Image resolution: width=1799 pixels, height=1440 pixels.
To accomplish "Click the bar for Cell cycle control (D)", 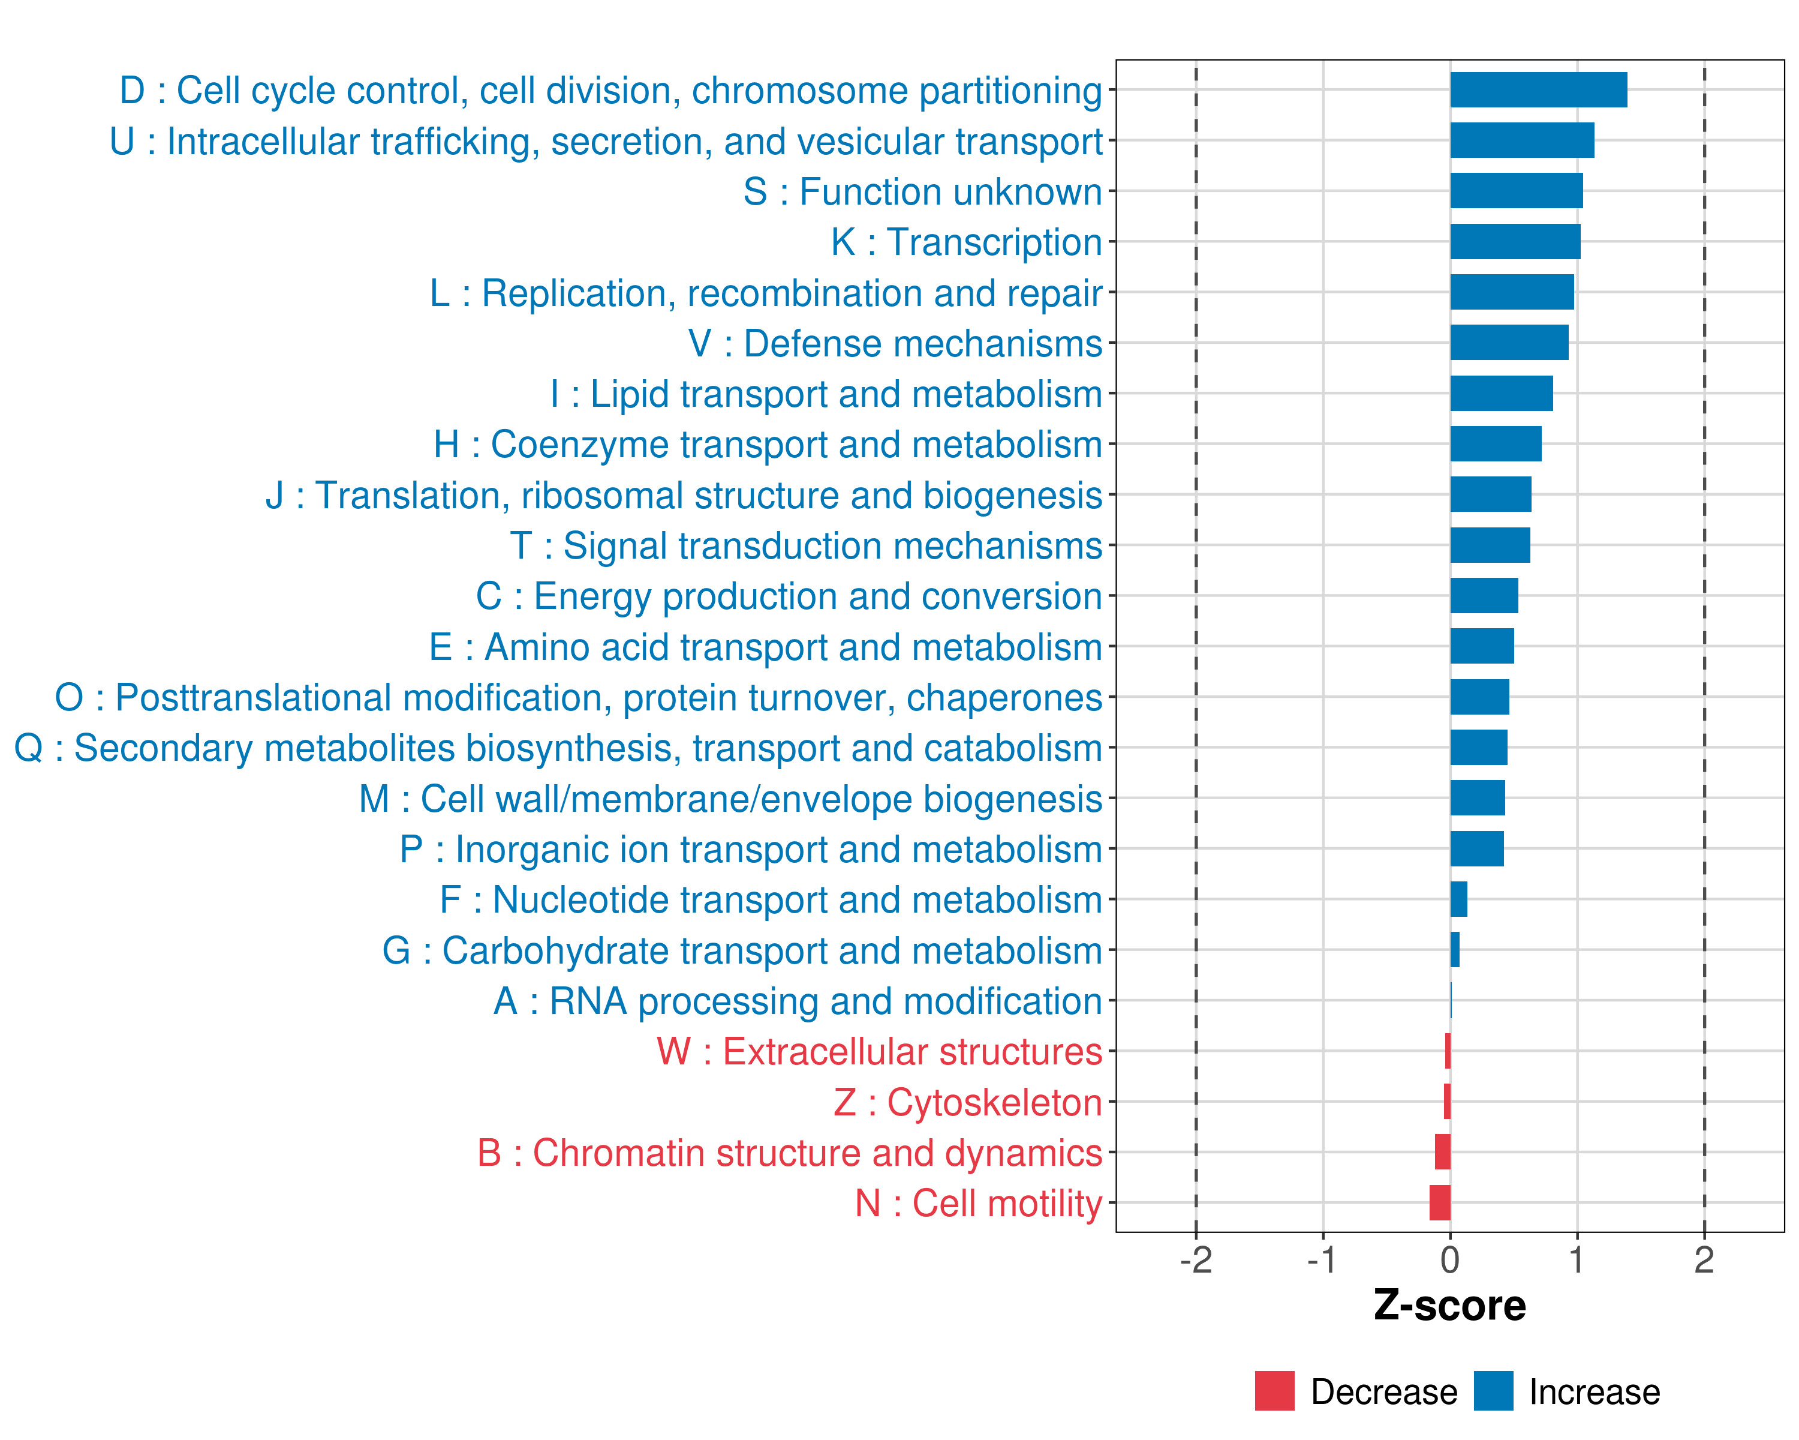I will click(1538, 90).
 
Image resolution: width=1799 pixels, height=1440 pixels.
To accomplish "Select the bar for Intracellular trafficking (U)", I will click(1521, 140).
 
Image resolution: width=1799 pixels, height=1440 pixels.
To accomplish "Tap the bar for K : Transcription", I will click(1515, 242).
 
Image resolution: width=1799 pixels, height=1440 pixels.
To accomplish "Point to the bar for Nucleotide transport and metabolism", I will click(1458, 899).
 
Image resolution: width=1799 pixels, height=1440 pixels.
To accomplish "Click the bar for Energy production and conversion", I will click(1484, 596).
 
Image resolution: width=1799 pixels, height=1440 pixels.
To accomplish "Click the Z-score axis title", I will click(1449, 1306).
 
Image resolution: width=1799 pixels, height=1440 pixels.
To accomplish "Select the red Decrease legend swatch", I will click(1274, 1391).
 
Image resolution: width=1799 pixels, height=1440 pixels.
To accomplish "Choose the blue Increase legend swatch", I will click(1493, 1391).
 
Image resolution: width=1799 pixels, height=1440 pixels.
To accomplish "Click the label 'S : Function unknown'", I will click(923, 192).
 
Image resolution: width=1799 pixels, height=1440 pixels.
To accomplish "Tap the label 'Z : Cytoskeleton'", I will click(968, 1103).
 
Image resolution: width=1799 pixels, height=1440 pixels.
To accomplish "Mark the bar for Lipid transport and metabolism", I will click(1501, 393).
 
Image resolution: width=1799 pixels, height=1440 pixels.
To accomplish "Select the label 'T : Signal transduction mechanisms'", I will click(806, 546).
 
